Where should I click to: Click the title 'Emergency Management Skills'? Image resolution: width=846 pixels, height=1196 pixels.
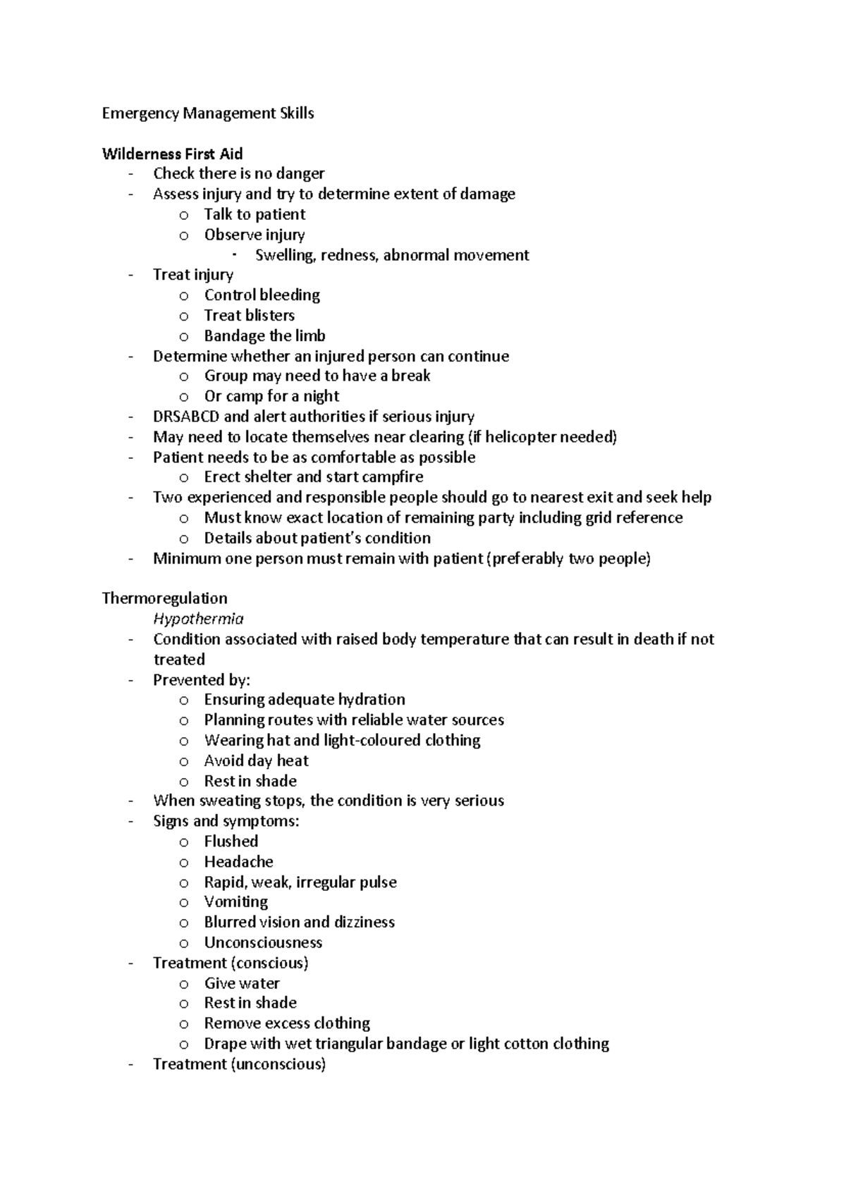click(x=208, y=113)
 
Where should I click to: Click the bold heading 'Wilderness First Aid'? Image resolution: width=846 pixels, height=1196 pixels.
click(x=172, y=154)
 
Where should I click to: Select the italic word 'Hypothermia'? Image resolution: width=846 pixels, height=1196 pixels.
click(x=198, y=619)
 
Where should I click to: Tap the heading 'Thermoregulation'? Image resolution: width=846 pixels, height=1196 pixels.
click(x=164, y=598)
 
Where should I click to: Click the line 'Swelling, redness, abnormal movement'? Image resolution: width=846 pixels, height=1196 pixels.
click(x=391, y=255)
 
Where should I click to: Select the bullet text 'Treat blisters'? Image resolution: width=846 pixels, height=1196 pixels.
click(x=249, y=316)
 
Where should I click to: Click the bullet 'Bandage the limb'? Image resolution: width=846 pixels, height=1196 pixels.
click(x=264, y=336)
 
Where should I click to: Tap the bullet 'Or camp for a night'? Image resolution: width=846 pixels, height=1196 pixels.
click(x=271, y=396)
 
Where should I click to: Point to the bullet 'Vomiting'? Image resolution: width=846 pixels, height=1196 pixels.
click(x=235, y=902)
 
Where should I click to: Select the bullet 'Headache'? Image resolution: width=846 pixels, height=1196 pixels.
click(x=238, y=862)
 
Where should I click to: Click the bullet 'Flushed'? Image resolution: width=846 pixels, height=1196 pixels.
click(x=231, y=841)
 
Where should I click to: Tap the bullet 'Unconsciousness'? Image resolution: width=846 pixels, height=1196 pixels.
click(x=262, y=943)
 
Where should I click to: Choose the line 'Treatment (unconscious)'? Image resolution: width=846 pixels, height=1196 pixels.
click(x=239, y=1064)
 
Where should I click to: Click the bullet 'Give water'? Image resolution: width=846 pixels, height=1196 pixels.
click(x=241, y=983)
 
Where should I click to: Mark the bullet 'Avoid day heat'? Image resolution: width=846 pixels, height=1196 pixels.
click(x=256, y=761)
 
